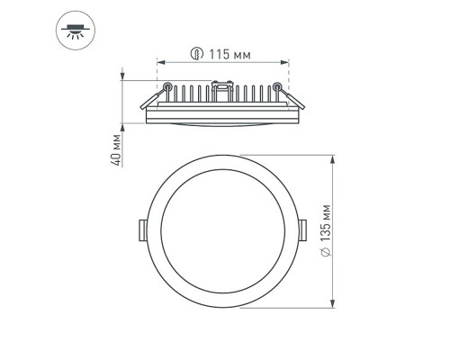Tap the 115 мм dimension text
point(226,52)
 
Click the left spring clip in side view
point(166,90)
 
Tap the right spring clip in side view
point(282,90)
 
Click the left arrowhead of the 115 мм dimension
point(160,63)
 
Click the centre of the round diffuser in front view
point(223,231)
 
